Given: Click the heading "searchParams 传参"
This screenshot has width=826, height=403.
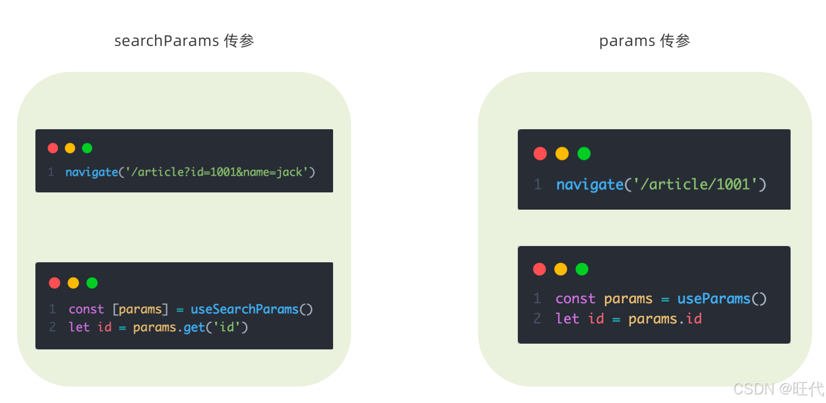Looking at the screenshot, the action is coord(184,41).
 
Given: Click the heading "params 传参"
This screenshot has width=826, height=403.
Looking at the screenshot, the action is coord(644,41).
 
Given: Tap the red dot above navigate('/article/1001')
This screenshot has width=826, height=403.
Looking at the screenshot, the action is coord(540,154).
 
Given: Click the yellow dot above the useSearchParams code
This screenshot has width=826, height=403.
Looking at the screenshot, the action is coord(73,283).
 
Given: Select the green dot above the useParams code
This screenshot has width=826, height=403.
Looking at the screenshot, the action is coord(582,269).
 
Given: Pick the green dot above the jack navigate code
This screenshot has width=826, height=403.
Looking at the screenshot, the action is coord(87,148).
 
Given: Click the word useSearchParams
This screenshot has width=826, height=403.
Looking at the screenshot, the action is coord(244,309).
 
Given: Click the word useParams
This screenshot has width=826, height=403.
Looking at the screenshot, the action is coord(714,299).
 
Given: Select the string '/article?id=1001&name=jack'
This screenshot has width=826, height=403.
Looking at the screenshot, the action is coord(217,172).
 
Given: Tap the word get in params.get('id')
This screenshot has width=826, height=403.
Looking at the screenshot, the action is coord(194,327).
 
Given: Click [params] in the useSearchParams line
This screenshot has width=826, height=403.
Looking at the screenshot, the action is coord(140,309).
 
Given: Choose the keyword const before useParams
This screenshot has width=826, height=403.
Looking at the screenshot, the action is coord(575,299).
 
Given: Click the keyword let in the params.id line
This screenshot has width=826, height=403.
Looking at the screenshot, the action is coord(568,319).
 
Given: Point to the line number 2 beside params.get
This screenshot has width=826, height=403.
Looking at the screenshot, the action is coord(53,327).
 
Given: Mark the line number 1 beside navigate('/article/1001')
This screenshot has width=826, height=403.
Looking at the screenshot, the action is coord(538,184).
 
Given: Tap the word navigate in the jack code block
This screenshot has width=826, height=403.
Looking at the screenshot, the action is coord(91,172).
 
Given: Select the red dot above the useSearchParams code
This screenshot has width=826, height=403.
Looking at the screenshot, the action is coord(55,283).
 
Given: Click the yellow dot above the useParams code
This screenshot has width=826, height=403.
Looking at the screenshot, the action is coord(560,269).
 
